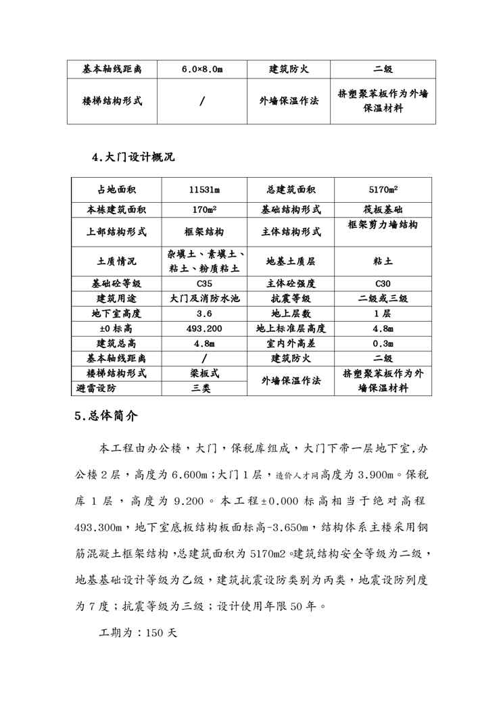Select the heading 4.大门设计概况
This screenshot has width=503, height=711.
pyautogui.click(x=133, y=157)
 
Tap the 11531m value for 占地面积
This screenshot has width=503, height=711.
pyautogui.click(x=203, y=190)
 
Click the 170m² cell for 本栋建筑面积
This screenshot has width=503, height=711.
pyautogui.click(x=203, y=210)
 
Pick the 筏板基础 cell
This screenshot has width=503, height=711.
pyautogui.click(x=383, y=210)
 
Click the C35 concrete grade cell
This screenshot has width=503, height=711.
pyautogui.click(x=203, y=283)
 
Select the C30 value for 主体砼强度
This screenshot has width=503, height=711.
pyautogui.click(x=383, y=283)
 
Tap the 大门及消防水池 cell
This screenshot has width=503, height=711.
pyautogui.click(x=203, y=298)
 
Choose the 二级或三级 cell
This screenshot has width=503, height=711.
pyautogui.click(x=383, y=298)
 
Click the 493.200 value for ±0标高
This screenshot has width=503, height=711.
pyautogui.click(x=203, y=328)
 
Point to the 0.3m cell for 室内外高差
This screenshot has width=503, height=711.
pyautogui.click(x=383, y=343)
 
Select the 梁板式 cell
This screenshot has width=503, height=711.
pyautogui.click(x=203, y=373)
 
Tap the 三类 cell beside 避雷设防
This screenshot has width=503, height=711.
pyautogui.click(x=203, y=389)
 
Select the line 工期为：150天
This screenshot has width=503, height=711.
pyautogui.click(x=137, y=635)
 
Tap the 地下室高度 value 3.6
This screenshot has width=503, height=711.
pyautogui.click(x=203, y=314)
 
